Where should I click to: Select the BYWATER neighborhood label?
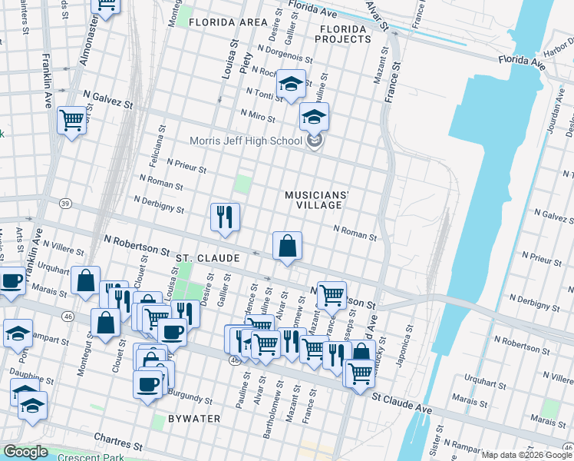195,419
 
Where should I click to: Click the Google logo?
25,452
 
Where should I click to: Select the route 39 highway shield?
66,203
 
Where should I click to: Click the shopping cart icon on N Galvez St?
71,119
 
